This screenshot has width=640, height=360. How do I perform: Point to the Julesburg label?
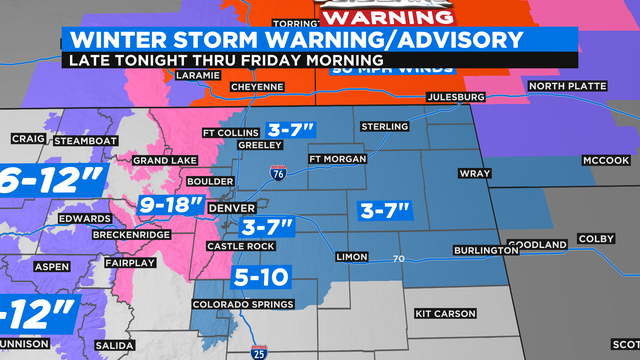tap(455, 97)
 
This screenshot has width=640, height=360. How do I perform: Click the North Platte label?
tap(560, 86)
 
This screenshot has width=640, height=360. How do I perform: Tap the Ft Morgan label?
tap(338, 159)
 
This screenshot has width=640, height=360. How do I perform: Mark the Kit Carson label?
tap(445, 313)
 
